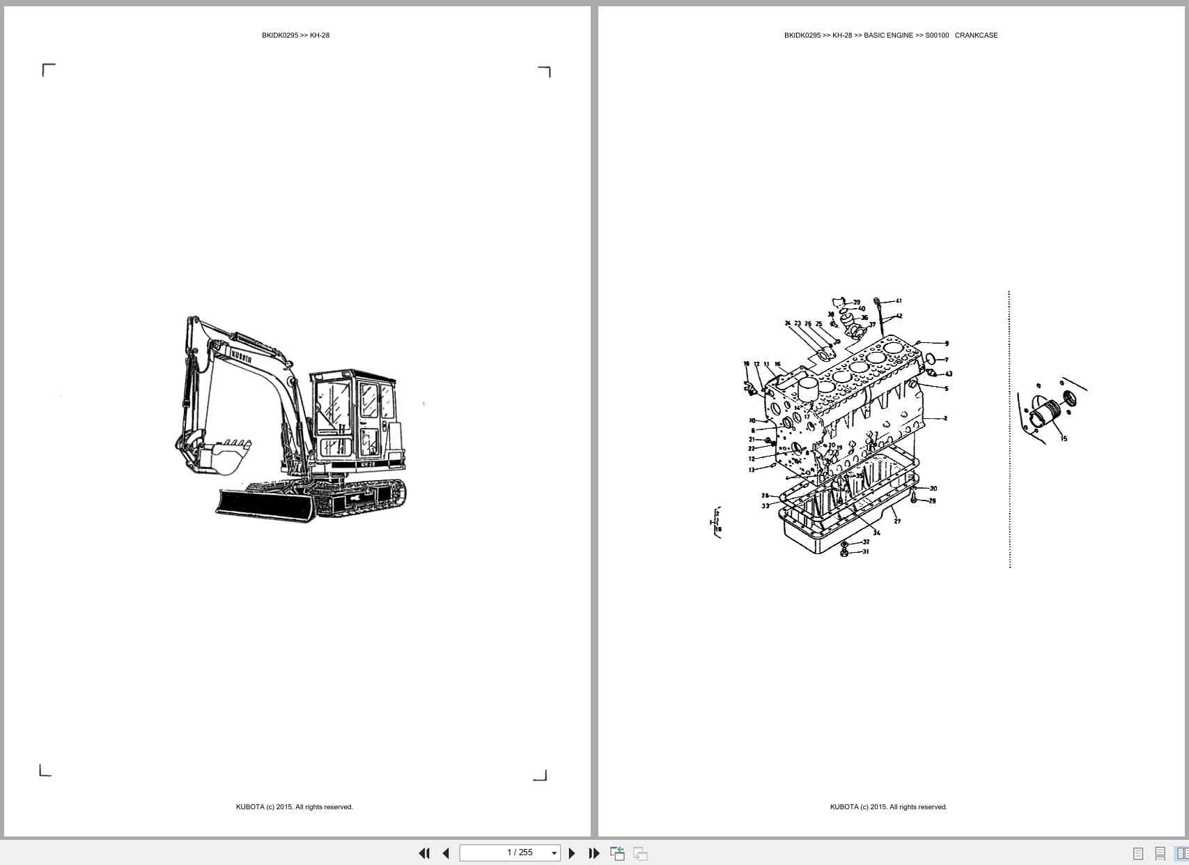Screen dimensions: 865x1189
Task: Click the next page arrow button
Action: (x=572, y=853)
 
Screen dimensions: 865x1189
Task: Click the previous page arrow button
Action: (x=446, y=853)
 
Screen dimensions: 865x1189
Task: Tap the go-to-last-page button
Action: (x=593, y=853)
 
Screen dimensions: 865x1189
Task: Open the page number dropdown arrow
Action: (x=554, y=853)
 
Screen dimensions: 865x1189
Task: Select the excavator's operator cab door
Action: (x=369, y=418)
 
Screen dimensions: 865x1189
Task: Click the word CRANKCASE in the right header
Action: (x=976, y=36)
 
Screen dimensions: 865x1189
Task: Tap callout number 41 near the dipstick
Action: (x=899, y=301)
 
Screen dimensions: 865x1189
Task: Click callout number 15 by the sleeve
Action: (x=1064, y=438)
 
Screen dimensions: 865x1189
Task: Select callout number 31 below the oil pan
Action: (x=866, y=551)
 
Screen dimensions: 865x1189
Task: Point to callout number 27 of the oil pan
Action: (x=897, y=521)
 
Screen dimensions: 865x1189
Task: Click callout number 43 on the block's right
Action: (x=949, y=374)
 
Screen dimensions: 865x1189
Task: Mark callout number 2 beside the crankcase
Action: (x=945, y=418)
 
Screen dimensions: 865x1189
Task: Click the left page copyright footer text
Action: (x=294, y=807)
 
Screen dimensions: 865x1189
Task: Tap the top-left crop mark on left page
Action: (x=48, y=70)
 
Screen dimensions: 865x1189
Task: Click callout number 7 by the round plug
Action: (x=946, y=360)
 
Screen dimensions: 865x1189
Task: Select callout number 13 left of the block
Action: (x=752, y=470)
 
